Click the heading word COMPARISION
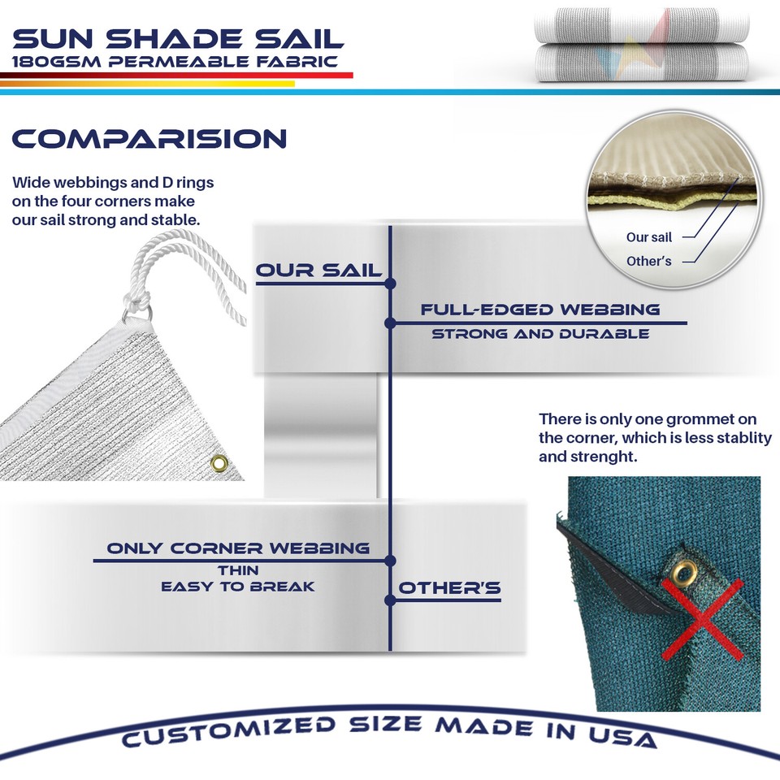pos(149,138)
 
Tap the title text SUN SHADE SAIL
pos(179,38)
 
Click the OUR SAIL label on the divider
pos(318,271)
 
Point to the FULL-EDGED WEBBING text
pos(540,310)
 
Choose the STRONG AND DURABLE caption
pos(540,334)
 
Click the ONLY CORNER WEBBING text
pos(238,548)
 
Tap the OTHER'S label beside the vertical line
pos(449,588)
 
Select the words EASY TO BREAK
pos(238,587)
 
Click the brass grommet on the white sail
pos(219,463)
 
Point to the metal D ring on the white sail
pos(138,311)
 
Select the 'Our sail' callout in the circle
pos(649,237)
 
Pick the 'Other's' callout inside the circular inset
pos(649,262)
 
